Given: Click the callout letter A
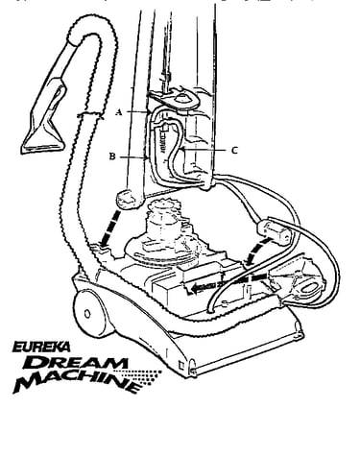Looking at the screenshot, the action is [x=119, y=112].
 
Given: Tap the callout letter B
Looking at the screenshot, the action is [x=112, y=156].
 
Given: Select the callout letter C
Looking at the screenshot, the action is [x=234, y=150].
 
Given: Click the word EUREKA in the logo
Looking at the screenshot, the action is [x=41, y=347].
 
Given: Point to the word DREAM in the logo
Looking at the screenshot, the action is [x=76, y=363].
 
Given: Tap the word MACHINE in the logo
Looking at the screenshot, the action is [x=77, y=382].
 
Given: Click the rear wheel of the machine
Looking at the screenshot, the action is [x=89, y=313].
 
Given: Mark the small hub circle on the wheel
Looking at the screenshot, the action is [x=87, y=314].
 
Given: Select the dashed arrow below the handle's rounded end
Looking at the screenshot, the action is [x=109, y=229].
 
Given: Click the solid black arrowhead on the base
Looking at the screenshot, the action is [x=194, y=289].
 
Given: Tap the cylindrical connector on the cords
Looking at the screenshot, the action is [x=274, y=230].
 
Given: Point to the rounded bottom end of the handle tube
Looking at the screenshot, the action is [x=129, y=200].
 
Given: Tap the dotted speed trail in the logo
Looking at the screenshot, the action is [x=141, y=377].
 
